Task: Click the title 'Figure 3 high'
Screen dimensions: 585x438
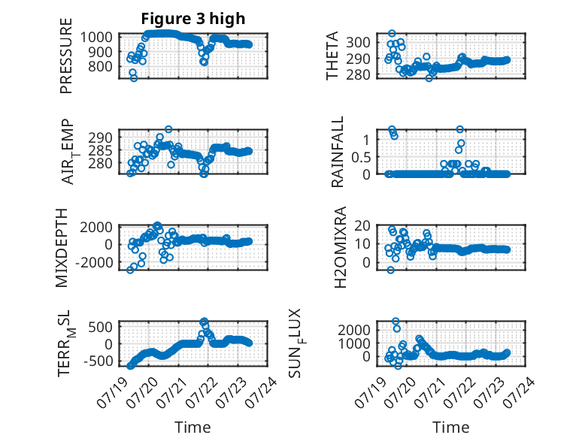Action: tap(193, 19)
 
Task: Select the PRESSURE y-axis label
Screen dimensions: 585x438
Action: tap(66, 56)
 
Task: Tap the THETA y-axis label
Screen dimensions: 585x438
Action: tap(332, 56)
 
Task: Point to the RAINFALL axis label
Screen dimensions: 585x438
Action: tap(337, 152)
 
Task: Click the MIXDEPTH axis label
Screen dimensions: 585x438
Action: tap(62, 248)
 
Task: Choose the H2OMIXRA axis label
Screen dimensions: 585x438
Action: tap(341, 247)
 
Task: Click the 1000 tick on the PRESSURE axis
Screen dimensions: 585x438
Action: tap(96, 38)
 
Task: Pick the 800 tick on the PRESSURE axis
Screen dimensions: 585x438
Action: tap(100, 67)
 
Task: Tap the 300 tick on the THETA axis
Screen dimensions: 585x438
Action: tap(358, 43)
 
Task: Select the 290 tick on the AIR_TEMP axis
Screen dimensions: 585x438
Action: tap(100, 137)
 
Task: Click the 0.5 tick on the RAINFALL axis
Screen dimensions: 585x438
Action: tap(361, 157)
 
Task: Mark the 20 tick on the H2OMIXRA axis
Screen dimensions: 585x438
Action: tap(362, 225)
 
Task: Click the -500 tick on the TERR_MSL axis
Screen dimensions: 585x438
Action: tap(98, 361)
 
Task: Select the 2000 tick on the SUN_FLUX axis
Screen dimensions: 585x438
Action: tap(354, 330)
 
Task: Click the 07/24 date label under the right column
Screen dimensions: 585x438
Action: tap(522, 392)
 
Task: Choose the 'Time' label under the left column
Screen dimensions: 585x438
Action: tap(193, 427)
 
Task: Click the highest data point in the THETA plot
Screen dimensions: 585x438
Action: tap(392, 34)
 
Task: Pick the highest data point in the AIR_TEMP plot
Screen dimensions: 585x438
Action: tap(168, 129)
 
